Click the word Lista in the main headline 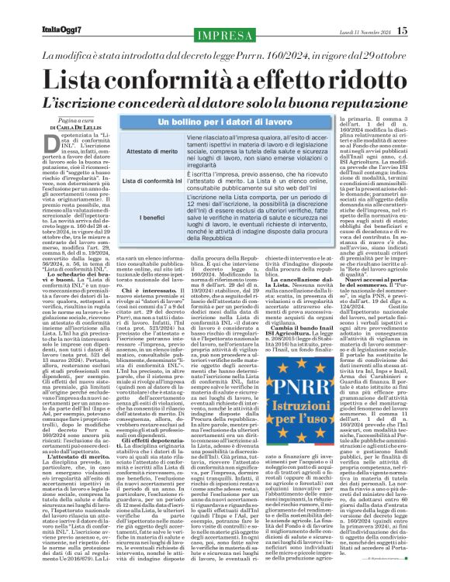pyautogui.click(x=94, y=77)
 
